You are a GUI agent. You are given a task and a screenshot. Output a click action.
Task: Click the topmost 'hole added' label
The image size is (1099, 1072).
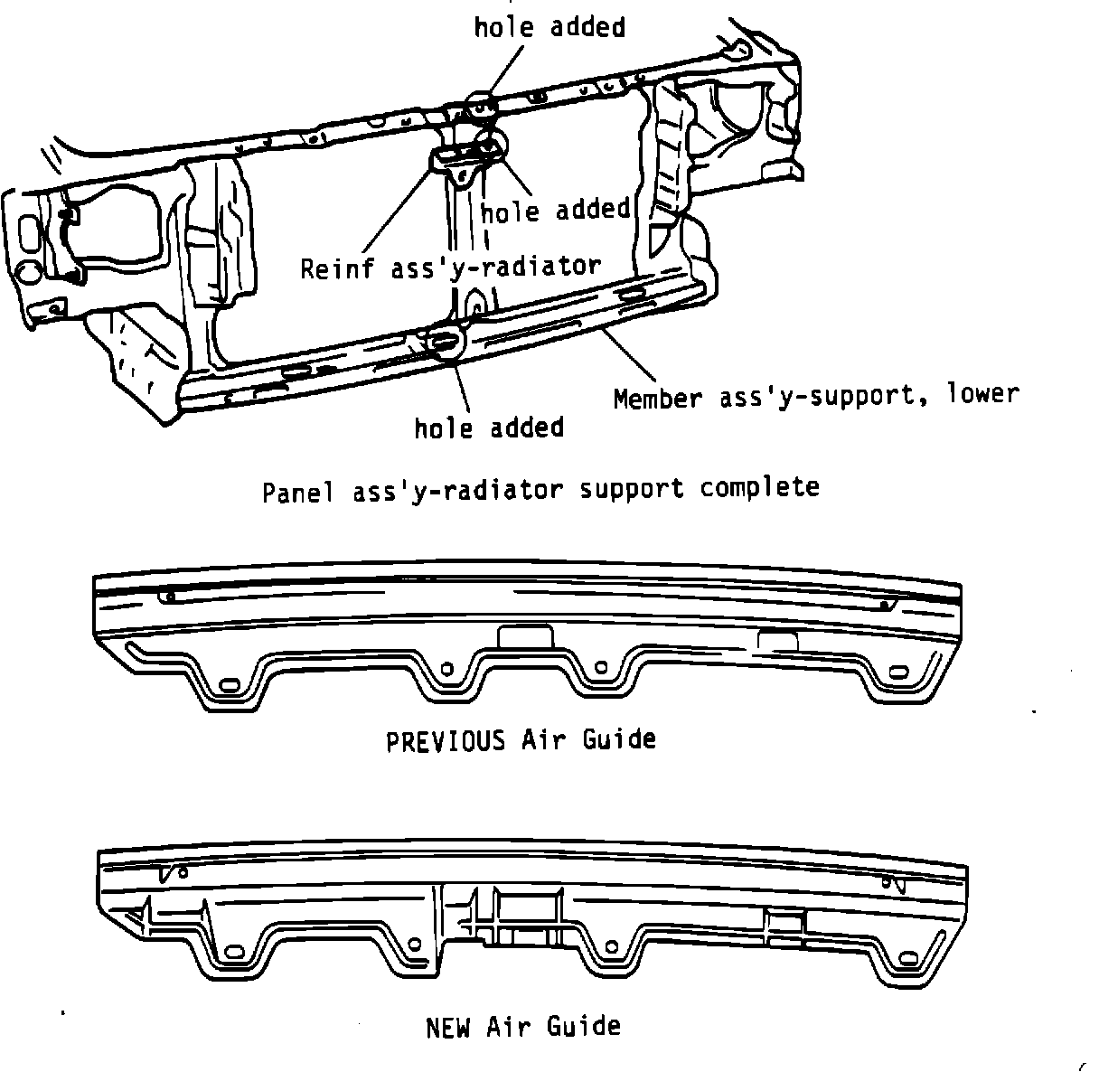coord(549,27)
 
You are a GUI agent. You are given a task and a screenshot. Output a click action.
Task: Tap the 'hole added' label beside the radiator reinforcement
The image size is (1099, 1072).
coord(555,211)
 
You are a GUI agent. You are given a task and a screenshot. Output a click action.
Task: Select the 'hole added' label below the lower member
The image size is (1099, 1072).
coord(489,427)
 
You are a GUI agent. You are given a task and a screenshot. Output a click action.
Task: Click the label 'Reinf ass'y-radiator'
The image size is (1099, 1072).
coord(451,268)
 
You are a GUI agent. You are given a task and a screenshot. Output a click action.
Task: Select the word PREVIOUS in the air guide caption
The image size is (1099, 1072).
coord(446,740)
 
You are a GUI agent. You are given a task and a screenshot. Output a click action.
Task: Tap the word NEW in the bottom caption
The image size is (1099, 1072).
coord(447,1027)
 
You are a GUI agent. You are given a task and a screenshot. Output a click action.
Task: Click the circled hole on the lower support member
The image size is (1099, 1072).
coord(445,341)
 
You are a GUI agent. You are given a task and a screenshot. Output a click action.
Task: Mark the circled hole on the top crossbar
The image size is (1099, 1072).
coord(482,104)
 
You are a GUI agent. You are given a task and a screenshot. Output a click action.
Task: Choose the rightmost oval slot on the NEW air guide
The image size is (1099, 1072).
coord(904,954)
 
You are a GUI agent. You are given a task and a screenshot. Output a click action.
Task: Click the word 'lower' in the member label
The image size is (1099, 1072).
coord(982,394)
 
